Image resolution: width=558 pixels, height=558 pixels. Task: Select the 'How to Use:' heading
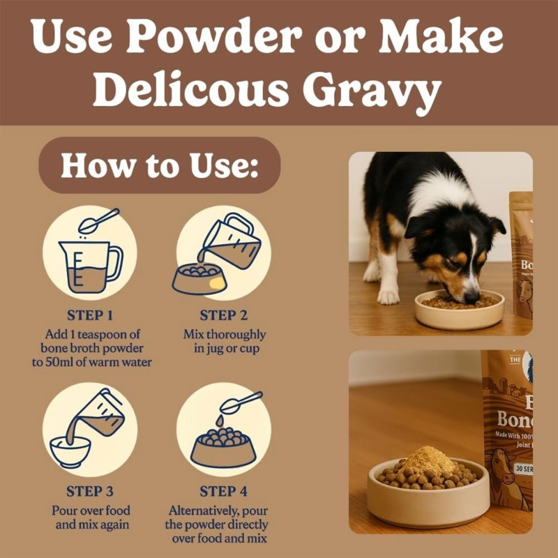tap(160, 165)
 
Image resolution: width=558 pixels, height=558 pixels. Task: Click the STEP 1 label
tap(91, 315)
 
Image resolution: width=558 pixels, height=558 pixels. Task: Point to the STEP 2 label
tap(224, 315)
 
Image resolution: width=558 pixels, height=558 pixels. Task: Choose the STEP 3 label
tap(91, 491)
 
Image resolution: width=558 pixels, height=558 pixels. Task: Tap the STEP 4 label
tap(224, 491)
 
